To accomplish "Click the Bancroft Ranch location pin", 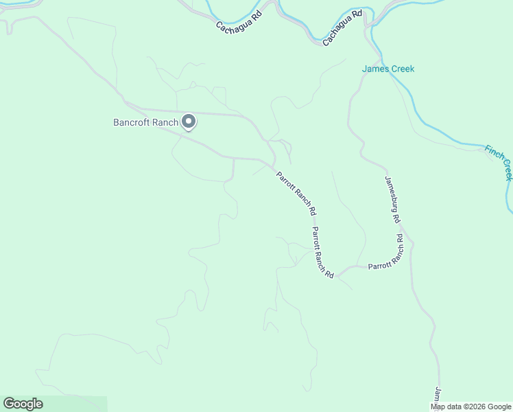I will coord(189,122).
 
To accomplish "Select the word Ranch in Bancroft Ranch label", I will coord(165,123).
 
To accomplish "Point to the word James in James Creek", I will coord(375,69).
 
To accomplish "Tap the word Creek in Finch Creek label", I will coord(508,170).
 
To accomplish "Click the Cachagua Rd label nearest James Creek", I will coord(342,27).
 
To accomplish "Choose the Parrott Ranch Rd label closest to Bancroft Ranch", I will coord(296,193).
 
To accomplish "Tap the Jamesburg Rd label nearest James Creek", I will coord(392,199).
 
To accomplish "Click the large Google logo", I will coord(23,404).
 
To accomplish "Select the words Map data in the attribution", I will coord(445,407).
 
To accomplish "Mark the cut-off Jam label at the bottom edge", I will coord(438,398).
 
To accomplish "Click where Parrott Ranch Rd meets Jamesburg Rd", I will coord(410,242).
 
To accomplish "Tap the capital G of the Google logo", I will coord(9,404).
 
